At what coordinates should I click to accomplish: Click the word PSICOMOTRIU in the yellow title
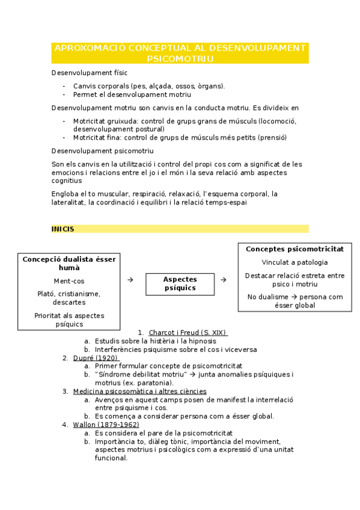(180, 58)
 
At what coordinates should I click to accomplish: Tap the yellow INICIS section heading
(63, 229)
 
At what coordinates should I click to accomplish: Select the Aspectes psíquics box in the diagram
(180, 283)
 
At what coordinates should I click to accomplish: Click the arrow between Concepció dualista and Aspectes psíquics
(130, 280)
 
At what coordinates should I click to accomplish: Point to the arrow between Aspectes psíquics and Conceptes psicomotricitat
(223, 280)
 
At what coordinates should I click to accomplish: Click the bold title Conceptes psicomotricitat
(294, 248)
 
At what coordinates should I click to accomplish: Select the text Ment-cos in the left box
(69, 281)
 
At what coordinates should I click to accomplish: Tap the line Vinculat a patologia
(294, 262)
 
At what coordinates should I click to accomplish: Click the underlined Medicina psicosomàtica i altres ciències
(139, 392)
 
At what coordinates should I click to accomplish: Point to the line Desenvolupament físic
(81, 73)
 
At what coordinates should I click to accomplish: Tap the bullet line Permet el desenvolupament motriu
(132, 94)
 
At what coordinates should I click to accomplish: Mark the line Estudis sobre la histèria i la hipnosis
(156, 341)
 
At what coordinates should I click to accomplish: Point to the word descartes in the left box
(69, 303)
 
